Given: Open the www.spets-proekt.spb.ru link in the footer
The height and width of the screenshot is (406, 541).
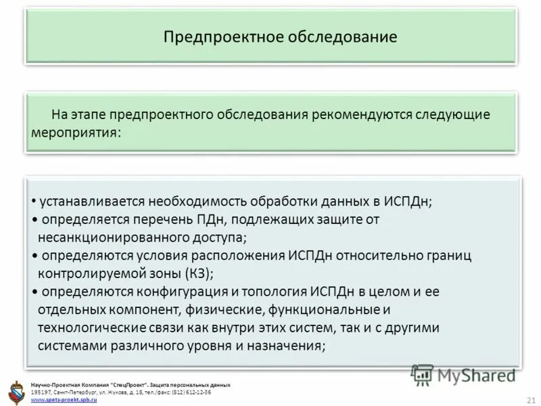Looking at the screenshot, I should click(65, 400).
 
